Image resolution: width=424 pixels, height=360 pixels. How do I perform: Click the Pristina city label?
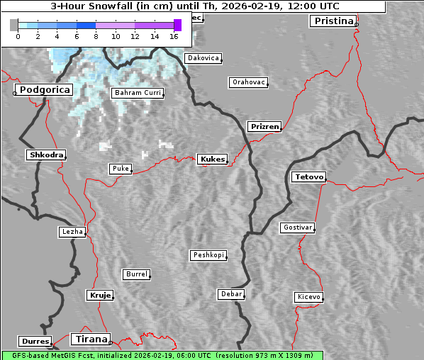(333, 21)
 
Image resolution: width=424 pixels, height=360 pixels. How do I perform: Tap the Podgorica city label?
(44, 89)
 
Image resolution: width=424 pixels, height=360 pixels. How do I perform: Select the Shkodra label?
(46, 154)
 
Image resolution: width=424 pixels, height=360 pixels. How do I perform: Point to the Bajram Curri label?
(137, 93)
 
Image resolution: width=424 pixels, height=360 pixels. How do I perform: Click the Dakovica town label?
(202, 58)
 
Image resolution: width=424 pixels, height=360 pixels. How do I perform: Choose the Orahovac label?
(249, 82)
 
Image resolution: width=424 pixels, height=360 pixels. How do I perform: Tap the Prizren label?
(264, 127)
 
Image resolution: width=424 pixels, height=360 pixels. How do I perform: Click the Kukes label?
(212, 159)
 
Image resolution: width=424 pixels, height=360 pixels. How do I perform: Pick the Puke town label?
(120, 169)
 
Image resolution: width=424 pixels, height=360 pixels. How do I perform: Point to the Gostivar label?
(296, 227)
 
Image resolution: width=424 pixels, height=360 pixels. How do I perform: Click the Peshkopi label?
(208, 255)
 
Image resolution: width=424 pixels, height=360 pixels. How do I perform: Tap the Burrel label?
(136, 274)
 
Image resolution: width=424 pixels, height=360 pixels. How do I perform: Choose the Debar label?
(231, 293)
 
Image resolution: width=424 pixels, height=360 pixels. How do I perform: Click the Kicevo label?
(308, 296)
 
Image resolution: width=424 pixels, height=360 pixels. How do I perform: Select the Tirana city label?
(90, 339)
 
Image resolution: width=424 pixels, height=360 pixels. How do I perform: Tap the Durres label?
(35, 341)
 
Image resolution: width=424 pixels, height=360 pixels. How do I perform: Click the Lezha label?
(72, 232)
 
